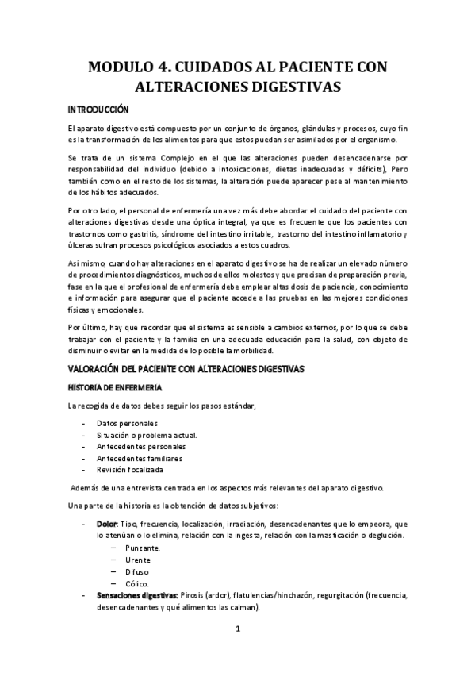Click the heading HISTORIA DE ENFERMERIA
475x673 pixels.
115,387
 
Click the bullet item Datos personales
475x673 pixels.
127,423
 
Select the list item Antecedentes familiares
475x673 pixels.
140,458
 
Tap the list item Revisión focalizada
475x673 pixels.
131,470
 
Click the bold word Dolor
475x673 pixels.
106,525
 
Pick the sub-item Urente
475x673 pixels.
139,560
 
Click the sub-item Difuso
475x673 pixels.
137,572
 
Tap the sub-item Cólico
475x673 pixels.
138,584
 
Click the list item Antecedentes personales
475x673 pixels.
141,446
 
